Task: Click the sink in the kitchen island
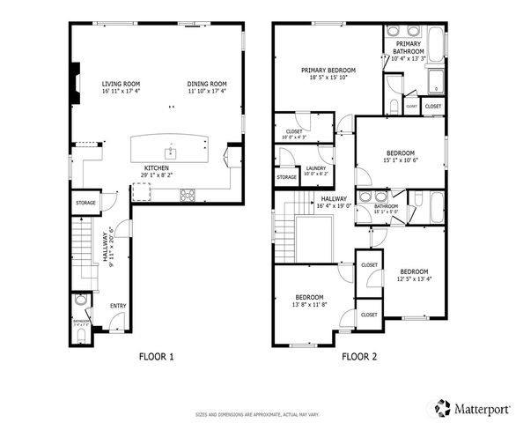173,152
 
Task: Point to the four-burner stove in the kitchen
188,196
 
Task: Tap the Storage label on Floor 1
85,203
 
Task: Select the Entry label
118,306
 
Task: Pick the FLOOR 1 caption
157,357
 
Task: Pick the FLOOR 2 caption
359,357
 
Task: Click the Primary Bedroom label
328,70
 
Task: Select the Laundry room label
315,169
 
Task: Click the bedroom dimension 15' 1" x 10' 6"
400,160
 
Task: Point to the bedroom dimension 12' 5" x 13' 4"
414,279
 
